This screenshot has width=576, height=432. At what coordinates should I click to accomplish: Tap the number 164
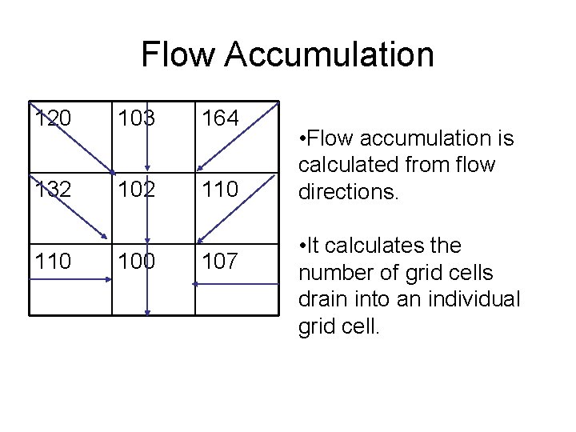click(219, 118)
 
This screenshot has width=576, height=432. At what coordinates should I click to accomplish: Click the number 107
click(219, 261)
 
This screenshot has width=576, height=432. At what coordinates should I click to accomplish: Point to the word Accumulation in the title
click(330, 54)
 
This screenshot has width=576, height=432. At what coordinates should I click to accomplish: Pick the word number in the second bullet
click(337, 274)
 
